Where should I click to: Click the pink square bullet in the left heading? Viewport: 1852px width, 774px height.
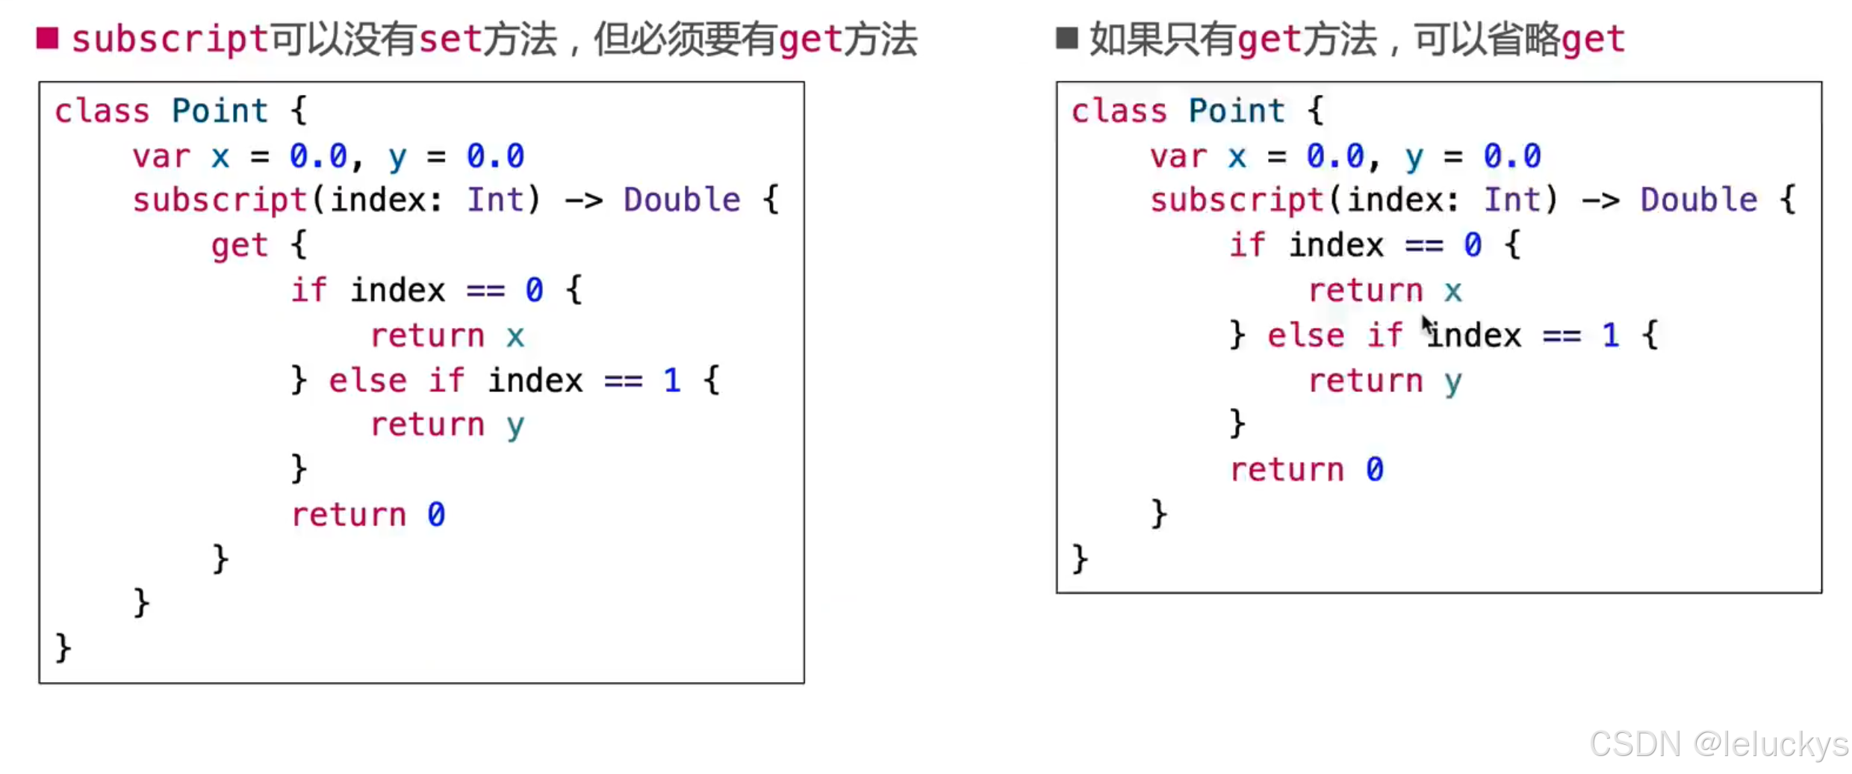[47, 38]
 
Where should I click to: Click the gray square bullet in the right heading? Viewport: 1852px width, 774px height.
[1066, 38]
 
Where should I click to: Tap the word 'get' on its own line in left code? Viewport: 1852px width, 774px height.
[239, 246]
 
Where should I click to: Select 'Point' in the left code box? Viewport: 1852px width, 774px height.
[220, 111]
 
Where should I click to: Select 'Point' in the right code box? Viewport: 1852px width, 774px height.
[1236, 111]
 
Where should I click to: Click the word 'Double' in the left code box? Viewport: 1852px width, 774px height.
[682, 200]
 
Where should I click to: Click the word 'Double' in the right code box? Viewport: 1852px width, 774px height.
[1698, 200]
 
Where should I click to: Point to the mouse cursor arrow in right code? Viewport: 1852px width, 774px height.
[1427, 326]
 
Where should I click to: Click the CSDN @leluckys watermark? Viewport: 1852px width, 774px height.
[1718, 744]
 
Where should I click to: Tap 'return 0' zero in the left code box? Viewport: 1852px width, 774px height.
[436, 515]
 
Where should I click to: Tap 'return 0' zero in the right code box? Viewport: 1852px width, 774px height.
[1375, 470]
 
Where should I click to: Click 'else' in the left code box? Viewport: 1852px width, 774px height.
[367, 381]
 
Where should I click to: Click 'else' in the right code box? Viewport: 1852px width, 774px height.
[1305, 335]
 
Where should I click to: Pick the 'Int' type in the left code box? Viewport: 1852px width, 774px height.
[495, 200]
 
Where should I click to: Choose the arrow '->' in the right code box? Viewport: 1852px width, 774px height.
[1600, 200]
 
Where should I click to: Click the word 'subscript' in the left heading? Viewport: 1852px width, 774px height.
[170, 39]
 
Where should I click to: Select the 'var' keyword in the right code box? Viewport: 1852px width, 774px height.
[1178, 157]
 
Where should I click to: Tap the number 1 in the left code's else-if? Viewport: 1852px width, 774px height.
[672, 381]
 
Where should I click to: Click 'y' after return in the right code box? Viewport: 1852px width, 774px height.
[1452, 382]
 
